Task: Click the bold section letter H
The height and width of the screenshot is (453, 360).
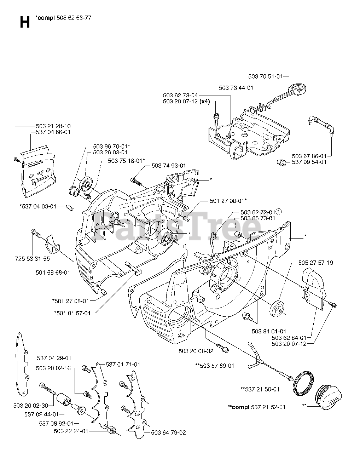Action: [x=24, y=22]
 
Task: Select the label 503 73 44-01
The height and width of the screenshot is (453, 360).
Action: [x=236, y=87]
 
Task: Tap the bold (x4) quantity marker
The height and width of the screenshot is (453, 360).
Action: [x=204, y=102]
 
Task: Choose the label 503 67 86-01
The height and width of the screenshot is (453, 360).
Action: [x=309, y=156]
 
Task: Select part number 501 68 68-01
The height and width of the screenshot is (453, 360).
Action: [x=53, y=272]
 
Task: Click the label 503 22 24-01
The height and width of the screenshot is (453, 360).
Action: [x=71, y=431]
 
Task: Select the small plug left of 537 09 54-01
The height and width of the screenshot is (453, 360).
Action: [x=281, y=162]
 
